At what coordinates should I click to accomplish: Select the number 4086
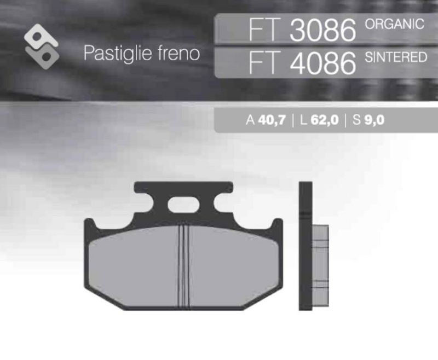322,63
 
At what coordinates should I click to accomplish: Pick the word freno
180,54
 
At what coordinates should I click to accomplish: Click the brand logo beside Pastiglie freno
42,44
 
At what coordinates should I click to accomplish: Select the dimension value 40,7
272,120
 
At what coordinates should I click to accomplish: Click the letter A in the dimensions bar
250,120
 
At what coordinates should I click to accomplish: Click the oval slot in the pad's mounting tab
185,206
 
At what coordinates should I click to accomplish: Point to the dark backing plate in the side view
305,246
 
